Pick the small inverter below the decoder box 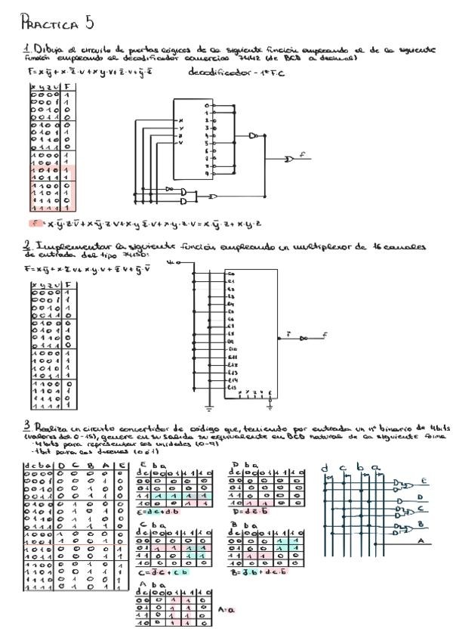170,188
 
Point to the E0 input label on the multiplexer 231,273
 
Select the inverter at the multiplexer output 304,337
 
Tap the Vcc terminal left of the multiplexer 179,263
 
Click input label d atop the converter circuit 325,469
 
